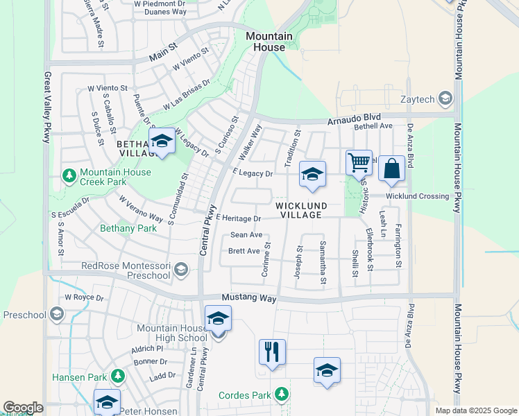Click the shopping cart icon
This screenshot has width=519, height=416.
pyautogui.click(x=359, y=163)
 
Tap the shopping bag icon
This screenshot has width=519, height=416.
pyautogui.click(x=391, y=168)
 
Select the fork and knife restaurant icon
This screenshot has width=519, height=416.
pyautogui.click(x=272, y=352)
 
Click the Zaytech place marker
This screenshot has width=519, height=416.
pyautogui.click(x=445, y=98)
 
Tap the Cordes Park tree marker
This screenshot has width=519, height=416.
pyautogui.click(x=282, y=395)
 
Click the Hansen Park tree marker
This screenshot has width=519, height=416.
pyautogui.click(x=118, y=377)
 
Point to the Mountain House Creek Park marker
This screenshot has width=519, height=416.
pyautogui.click(x=69, y=176)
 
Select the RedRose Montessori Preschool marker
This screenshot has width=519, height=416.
pyautogui.click(x=181, y=269)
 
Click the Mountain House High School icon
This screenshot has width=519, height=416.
pyautogui.click(x=218, y=320)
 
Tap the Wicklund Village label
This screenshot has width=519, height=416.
pyautogui.click(x=299, y=210)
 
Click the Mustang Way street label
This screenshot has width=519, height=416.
pyautogui.click(x=249, y=299)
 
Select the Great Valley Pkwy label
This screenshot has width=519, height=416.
pyautogui.click(x=48, y=107)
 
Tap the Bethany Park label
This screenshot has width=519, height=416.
pyautogui.click(x=128, y=227)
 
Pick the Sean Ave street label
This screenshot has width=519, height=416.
pyautogui.click(x=246, y=235)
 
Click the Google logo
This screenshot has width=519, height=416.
pyautogui.click(x=23, y=408)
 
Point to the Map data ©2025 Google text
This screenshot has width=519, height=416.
pyautogui.click(x=475, y=410)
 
